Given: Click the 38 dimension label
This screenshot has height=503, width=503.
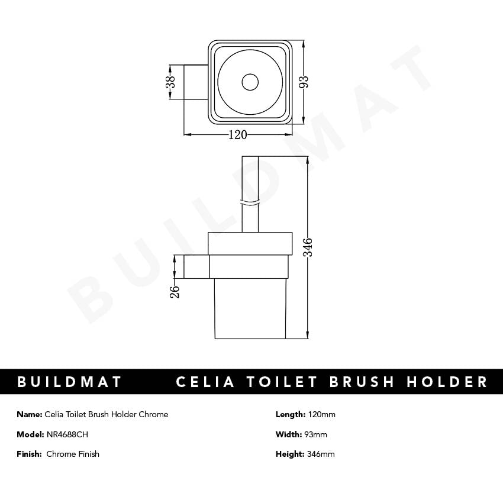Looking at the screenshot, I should pyautogui.click(x=170, y=82).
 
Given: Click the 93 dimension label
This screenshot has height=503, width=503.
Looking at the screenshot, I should pyautogui.click(x=304, y=82).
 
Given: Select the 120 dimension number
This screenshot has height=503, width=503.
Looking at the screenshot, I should pyautogui.click(x=237, y=135).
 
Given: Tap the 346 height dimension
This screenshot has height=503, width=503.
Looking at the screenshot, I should pyautogui.click(x=308, y=247).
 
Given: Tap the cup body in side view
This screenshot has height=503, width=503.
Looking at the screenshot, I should pyautogui.click(x=250, y=308).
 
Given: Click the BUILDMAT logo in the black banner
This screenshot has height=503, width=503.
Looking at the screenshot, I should pyautogui.click(x=70, y=382).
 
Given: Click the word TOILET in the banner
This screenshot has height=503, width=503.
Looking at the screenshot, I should pyautogui.click(x=282, y=382).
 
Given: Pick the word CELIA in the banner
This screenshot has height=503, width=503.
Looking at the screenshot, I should pyautogui.click(x=205, y=382).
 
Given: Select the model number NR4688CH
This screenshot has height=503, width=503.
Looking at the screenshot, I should pyautogui.click(x=67, y=434).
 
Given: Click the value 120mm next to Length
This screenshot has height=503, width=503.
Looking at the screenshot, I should pyautogui.click(x=321, y=414).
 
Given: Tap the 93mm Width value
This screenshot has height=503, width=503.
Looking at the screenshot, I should pyautogui.click(x=316, y=434).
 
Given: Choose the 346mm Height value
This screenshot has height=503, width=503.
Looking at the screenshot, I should pyautogui.click(x=321, y=454).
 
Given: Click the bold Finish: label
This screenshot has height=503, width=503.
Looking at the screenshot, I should pyautogui.click(x=30, y=454).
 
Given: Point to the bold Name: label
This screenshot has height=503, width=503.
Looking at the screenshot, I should pyautogui.click(x=30, y=414).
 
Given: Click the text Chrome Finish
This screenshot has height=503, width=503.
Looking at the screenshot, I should pyautogui.click(x=73, y=454).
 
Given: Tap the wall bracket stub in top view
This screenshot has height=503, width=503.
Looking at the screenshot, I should pyautogui.click(x=196, y=82).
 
